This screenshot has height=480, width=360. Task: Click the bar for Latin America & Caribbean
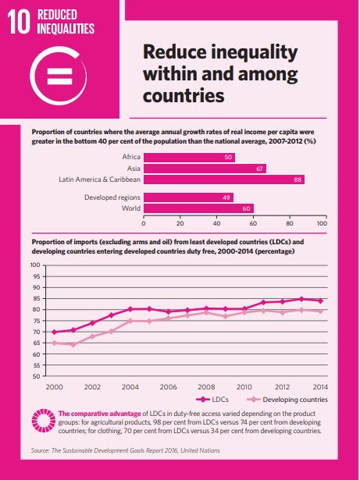(x=224, y=180)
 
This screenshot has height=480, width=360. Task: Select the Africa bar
(x=189, y=158)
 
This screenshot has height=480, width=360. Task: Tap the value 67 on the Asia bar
(x=259, y=169)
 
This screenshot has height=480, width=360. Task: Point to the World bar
(x=198, y=208)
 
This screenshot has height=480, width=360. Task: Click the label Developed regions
(x=112, y=197)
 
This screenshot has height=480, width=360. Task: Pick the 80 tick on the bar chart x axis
(x=290, y=223)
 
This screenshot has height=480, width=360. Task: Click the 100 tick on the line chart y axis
(x=35, y=265)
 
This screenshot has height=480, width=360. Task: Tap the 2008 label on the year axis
(x=206, y=387)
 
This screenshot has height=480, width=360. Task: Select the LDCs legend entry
(x=212, y=400)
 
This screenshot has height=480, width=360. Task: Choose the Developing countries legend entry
(x=287, y=400)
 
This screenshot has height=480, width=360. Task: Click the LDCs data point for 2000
(x=54, y=332)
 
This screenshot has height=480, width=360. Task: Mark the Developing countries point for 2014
(x=320, y=311)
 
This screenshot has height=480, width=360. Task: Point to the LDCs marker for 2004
(x=130, y=309)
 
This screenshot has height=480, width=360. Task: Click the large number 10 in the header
(x=19, y=21)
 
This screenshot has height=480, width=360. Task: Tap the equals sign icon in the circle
(x=60, y=76)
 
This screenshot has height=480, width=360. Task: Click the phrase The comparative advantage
(x=100, y=414)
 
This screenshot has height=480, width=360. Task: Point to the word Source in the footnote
(x=40, y=450)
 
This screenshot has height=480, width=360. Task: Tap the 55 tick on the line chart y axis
(x=37, y=365)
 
